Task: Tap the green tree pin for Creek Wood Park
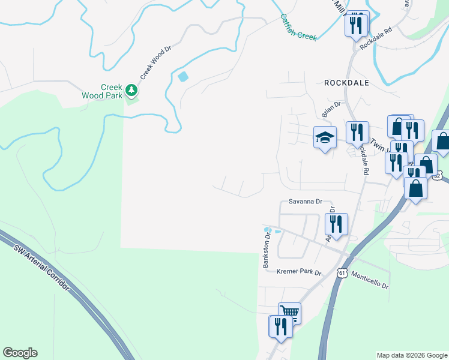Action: point(131,91)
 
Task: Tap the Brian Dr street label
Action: point(331,109)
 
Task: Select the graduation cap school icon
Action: point(324,138)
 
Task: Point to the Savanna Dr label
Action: point(306,202)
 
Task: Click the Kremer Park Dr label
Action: point(299,272)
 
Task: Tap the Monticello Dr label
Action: point(370,279)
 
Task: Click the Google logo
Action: point(20,353)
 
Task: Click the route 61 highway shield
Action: point(342,273)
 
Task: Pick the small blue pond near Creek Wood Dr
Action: point(182,77)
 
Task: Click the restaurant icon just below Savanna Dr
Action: point(336,224)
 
